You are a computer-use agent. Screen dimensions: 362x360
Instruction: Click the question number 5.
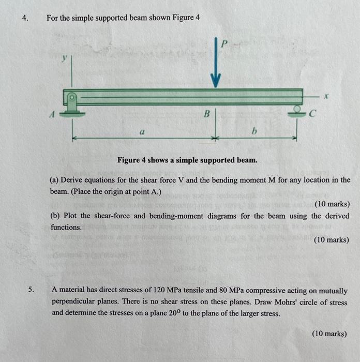point(31,291)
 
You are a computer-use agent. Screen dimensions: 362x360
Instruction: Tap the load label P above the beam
point(223,44)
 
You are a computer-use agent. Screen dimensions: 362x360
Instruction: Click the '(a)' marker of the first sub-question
point(55,180)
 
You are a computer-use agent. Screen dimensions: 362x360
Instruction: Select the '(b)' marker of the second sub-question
point(55,216)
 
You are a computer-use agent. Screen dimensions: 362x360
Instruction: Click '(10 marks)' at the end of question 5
point(330,334)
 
